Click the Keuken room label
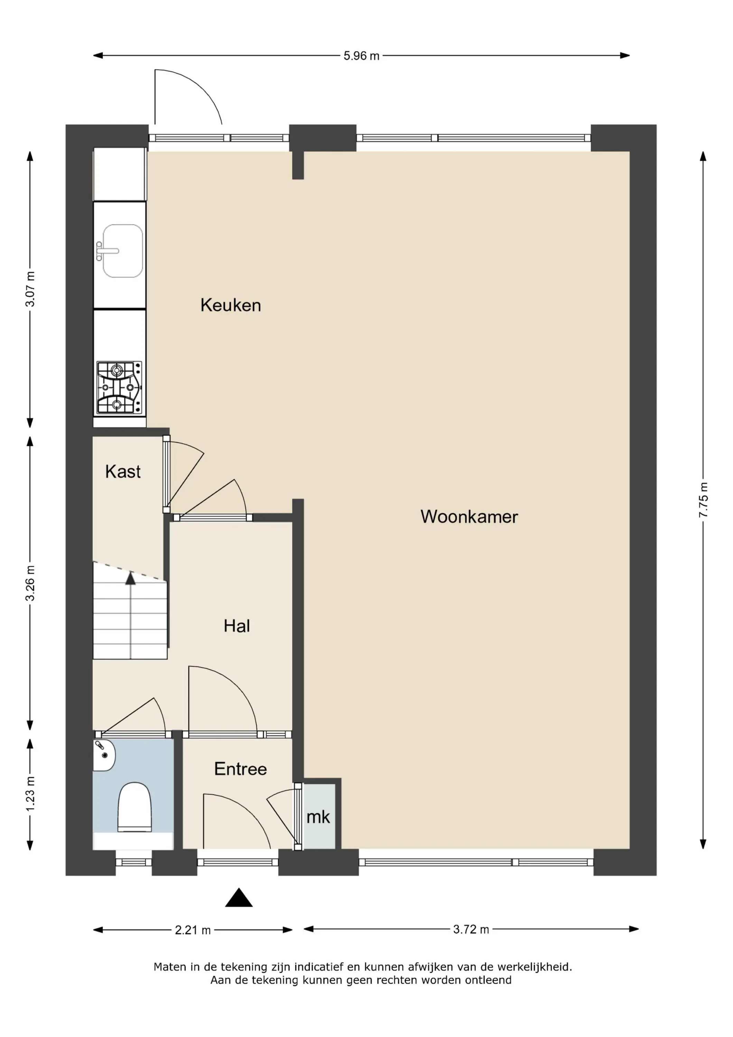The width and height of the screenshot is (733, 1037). coord(231,305)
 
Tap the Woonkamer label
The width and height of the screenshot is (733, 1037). coord(469,517)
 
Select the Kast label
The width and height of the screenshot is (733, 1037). coord(123,471)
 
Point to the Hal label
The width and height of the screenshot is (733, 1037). coord(237,626)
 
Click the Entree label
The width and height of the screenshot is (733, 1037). coord(240,769)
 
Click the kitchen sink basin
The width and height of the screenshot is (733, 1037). coord(122,251)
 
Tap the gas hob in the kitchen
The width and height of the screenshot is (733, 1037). coord(119,387)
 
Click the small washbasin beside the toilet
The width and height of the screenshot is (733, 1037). coord(104,755)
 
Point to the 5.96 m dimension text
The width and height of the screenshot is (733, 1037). coord(361,56)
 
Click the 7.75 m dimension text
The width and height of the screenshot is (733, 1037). coord(703,500)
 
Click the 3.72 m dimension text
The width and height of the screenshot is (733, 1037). coord(471,929)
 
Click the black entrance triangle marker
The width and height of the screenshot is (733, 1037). coord(239,897)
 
